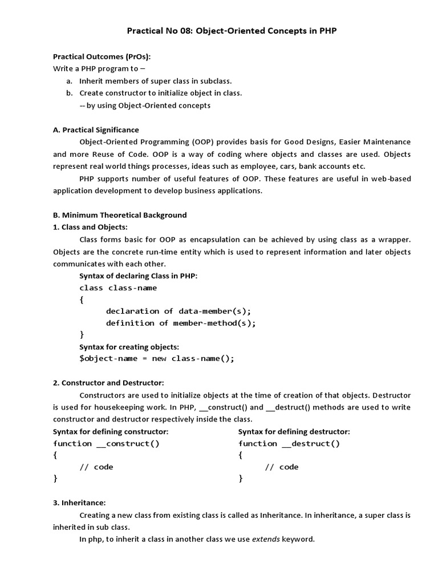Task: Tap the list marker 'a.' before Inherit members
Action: point(69,81)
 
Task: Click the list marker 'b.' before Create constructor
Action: point(69,93)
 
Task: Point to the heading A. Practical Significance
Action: point(96,130)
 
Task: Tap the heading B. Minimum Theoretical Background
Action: point(120,215)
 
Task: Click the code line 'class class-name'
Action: point(118,288)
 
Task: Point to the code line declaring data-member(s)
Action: point(178,311)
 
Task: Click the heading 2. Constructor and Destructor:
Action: point(108,383)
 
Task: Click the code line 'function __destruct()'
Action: point(289,444)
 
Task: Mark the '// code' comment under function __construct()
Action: point(96,467)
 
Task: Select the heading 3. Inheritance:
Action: point(79,502)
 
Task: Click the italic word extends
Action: point(266,539)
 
